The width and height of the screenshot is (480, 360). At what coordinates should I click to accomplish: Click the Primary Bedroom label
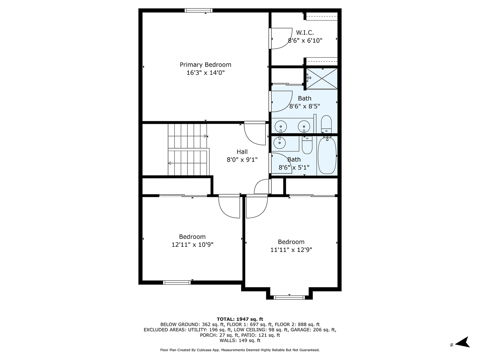(205, 65)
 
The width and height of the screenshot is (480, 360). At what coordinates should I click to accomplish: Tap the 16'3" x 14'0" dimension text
(205, 73)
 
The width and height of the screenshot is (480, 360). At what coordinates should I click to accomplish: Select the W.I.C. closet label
(305, 32)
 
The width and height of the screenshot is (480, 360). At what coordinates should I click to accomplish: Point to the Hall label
(242, 152)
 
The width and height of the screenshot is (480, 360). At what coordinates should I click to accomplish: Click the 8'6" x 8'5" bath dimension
(304, 106)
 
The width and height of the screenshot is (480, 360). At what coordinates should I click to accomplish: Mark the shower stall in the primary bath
(322, 78)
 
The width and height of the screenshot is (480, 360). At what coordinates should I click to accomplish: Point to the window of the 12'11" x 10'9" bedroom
(177, 282)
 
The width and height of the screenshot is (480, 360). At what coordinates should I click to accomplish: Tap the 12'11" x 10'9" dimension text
(192, 245)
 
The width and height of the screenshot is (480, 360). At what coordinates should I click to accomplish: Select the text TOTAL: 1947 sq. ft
(240, 319)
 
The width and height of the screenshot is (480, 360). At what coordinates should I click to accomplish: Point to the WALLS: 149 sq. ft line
(240, 340)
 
